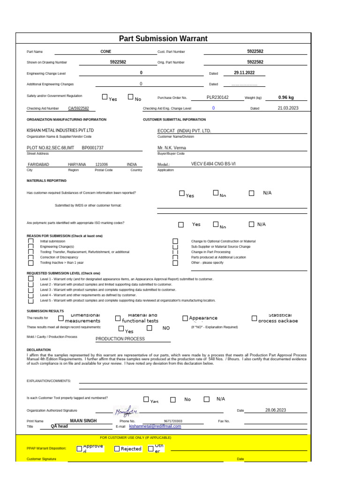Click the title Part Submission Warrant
163,39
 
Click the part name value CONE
106,52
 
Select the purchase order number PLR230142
217,97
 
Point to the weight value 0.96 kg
286,97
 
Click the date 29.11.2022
244,73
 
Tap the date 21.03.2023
288,108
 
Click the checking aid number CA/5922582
78,108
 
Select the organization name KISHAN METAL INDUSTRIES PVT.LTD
60,130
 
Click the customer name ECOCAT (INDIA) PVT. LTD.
184,131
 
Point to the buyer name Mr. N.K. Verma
172,148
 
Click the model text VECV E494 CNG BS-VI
213,165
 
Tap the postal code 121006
101,165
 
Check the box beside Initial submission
31,241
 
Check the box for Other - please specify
175,263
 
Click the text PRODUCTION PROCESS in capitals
120,338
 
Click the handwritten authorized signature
126,412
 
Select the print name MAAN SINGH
83,421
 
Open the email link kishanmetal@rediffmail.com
155,427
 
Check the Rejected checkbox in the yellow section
117,449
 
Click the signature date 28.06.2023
275,410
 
